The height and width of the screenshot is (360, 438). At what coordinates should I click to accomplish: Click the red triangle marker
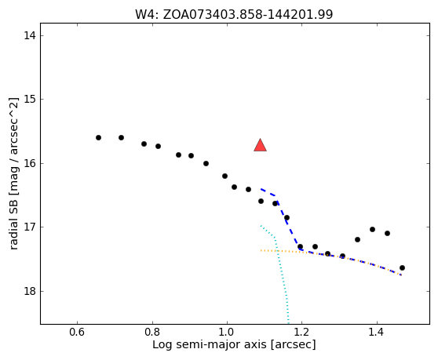coord(260,145)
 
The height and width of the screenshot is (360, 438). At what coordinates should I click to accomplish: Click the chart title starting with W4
coord(234,14)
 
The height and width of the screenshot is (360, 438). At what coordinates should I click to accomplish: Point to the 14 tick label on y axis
coord(30,36)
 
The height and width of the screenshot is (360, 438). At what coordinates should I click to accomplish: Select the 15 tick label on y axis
coord(30,100)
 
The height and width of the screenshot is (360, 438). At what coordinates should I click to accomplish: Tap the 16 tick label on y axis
coord(30,163)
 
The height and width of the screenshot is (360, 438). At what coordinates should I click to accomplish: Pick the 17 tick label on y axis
coord(30,227)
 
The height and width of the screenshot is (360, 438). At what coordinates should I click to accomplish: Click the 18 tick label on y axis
coord(30,291)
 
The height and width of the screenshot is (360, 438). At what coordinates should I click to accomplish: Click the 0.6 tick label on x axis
coord(77,333)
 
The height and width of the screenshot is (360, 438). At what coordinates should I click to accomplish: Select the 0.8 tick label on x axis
coord(152,333)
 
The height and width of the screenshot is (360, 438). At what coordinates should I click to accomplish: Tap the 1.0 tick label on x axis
coord(227,333)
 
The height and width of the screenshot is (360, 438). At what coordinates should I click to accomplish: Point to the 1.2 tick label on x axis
coord(302,333)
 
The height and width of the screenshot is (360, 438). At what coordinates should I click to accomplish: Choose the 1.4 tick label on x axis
coord(377,333)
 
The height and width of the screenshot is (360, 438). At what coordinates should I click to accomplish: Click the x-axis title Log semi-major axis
coord(234,345)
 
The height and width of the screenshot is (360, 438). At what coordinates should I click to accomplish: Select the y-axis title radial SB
coord(13,173)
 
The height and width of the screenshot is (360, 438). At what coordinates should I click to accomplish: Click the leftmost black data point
coord(98,137)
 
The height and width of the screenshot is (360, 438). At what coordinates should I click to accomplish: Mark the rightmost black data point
coord(402,268)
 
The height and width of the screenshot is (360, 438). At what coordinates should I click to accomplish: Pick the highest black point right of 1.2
coord(372,229)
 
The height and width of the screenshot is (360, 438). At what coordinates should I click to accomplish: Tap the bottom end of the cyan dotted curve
coord(288,323)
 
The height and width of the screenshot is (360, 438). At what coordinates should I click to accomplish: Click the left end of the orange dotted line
coord(261,250)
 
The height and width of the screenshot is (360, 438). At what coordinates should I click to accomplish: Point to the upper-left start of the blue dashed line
coord(261,189)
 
